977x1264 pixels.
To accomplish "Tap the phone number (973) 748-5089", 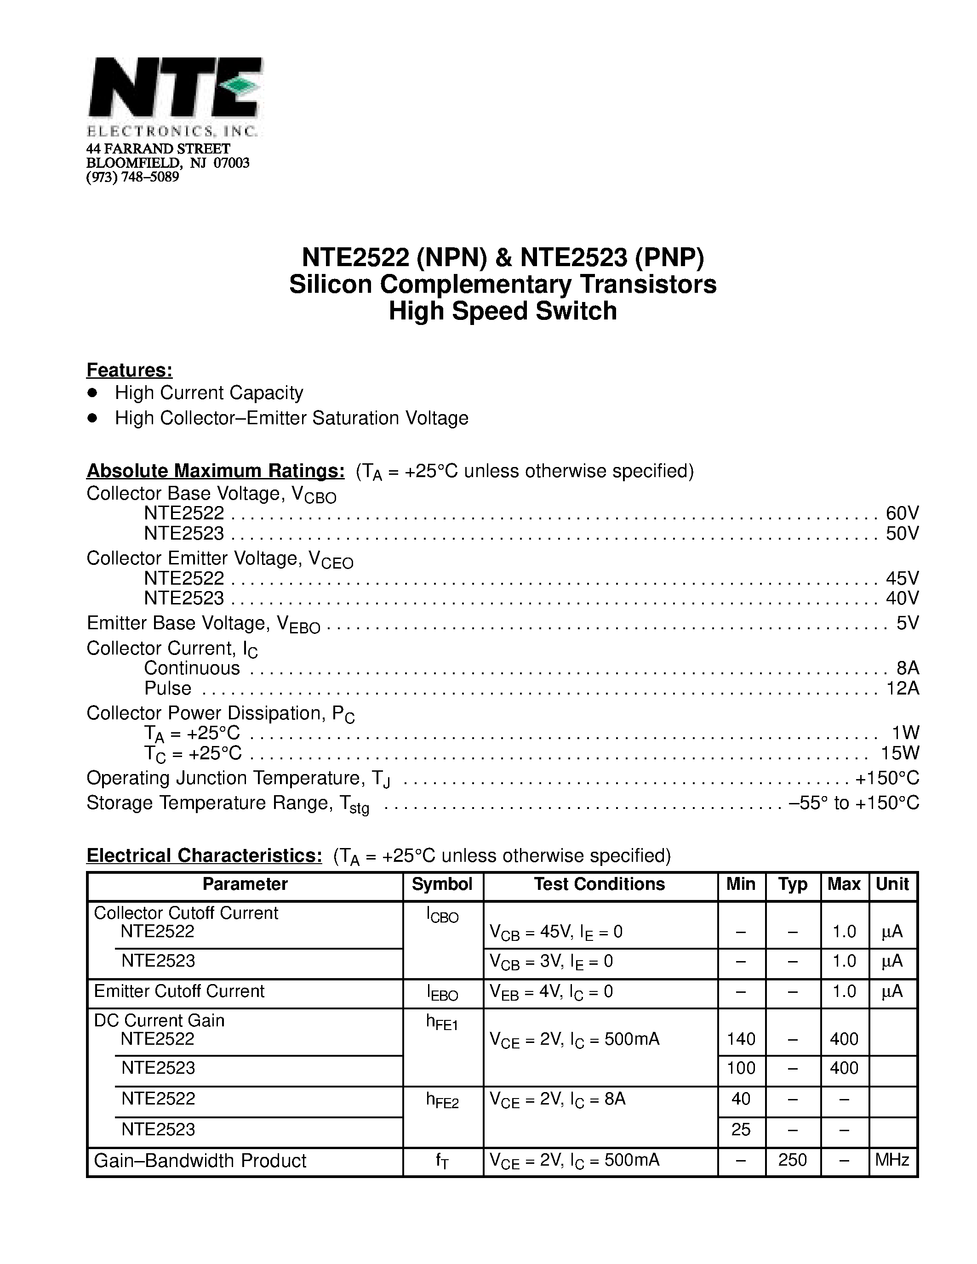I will coord(132,177).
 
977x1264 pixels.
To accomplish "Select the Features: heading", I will coord(130,370).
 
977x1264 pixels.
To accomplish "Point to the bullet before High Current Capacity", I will coord(92,393).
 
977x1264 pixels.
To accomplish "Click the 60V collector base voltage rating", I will coord(902,513).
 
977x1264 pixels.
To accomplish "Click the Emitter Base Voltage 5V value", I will coord(907,623).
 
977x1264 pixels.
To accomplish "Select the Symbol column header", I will coord(442,884).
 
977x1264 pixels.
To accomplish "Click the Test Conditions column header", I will coord(599,884).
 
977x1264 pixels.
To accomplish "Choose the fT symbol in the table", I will coord(442,1161).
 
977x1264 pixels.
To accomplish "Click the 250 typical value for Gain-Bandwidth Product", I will coord(792,1160).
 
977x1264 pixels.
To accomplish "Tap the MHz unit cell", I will coord(892,1160).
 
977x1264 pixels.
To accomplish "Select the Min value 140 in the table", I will coord(741,1039).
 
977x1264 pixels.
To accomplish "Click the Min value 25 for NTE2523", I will coord(741,1129).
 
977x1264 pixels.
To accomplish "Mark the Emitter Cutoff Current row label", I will coord(179,991).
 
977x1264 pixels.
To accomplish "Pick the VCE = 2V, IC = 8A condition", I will coord(557,1099).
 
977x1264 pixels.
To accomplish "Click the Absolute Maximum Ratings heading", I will coord(215,471).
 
